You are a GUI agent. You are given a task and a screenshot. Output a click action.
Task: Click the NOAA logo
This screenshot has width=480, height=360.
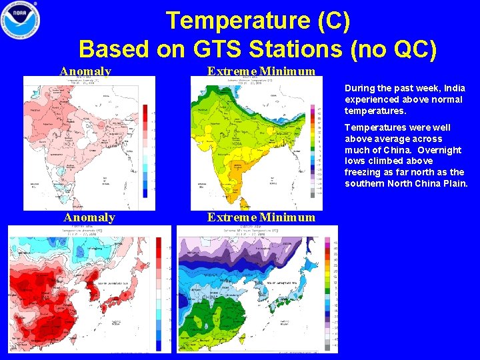click(21, 21)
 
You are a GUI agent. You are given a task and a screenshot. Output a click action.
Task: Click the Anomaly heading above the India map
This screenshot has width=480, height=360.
click(85, 71)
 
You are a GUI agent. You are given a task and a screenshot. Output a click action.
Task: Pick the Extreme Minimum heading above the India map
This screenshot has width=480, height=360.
click(261, 71)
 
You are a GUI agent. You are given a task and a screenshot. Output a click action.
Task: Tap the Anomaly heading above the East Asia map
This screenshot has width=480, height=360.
click(89, 217)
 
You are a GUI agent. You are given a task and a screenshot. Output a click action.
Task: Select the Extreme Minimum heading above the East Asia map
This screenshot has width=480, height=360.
click(261, 217)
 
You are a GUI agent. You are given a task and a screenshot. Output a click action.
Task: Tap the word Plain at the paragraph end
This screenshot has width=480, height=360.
click(454, 183)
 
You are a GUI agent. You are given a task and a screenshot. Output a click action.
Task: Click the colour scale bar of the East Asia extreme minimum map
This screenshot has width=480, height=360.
click(327, 293)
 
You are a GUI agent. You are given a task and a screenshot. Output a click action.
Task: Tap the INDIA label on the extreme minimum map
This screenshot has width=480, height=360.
click(237, 143)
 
